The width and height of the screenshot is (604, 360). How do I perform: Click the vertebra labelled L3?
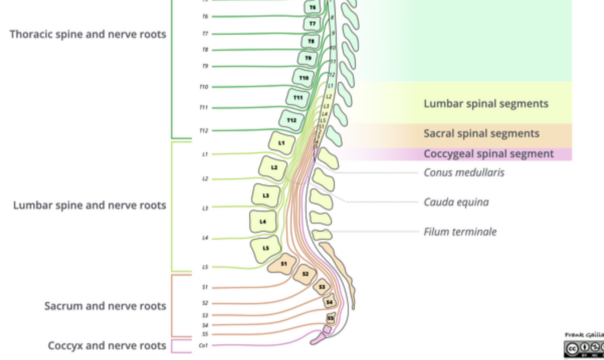tap(266, 196)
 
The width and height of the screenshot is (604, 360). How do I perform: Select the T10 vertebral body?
tap(303, 78)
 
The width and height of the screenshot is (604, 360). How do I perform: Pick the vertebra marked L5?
tap(265, 248)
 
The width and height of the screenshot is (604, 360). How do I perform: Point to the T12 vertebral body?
tap(291, 120)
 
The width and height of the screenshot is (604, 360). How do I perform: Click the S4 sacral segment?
tap(329, 302)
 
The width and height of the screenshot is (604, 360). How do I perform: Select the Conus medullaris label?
tap(464, 173)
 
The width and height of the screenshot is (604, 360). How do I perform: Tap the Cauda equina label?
tap(456, 202)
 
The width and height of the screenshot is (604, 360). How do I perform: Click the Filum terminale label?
tap(460, 232)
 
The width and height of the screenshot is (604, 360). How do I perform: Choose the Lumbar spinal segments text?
tap(486, 104)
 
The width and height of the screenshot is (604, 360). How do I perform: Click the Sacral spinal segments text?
tap(481, 134)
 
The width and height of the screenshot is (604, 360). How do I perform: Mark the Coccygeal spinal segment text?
tap(488, 154)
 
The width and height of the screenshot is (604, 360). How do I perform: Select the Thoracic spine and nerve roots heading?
tap(88, 34)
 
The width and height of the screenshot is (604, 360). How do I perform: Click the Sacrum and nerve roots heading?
tap(105, 306)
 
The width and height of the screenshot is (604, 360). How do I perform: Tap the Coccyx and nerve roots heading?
tap(107, 346)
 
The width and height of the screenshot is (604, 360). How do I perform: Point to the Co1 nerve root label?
tap(203, 345)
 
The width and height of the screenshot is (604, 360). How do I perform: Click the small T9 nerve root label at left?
tap(205, 66)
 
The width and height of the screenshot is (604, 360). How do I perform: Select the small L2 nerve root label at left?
tap(205, 179)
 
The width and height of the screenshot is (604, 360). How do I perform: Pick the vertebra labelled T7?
tap(312, 23)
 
